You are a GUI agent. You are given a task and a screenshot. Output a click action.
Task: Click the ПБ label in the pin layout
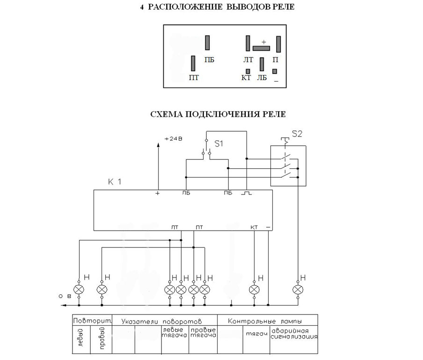(x=209, y=60)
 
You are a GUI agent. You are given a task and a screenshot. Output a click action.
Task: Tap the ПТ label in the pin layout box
(x=194, y=77)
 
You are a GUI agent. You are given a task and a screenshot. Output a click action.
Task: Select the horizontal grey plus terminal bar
(x=261, y=48)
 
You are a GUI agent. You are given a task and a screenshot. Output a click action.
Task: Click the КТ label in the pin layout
(x=246, y=77)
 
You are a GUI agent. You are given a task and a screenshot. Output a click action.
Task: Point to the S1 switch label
(x=219, y=144)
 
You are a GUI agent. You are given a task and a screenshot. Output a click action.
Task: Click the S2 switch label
(x=297, y=134)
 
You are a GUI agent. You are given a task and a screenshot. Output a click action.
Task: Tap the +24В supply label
(x=174, y=139)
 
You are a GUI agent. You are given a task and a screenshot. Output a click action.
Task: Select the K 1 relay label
(x=115, y=182)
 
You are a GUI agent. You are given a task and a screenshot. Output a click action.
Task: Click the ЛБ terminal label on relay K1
(x=186, y=193)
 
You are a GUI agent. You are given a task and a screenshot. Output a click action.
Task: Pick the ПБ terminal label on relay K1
(x=228, y=193)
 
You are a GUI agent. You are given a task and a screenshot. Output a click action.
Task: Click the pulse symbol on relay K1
(x=247, y=193)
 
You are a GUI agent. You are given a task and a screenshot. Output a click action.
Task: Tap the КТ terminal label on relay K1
(x=254, y=227)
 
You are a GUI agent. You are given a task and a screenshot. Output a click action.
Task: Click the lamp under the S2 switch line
(x=298, y=290)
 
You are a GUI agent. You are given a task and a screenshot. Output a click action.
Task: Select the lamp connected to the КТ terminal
(x=254, y=290)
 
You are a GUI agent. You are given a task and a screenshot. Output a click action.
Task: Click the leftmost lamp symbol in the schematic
(x=79, y=290)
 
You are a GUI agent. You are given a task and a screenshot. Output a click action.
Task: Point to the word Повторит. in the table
(x=92, y=321)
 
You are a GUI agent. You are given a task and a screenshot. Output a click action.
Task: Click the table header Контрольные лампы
(x=265, y=321)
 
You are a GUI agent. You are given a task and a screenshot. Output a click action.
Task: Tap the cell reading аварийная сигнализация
(x=294, y=334)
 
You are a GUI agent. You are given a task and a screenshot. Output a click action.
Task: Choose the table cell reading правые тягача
(x=203, y=333)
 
